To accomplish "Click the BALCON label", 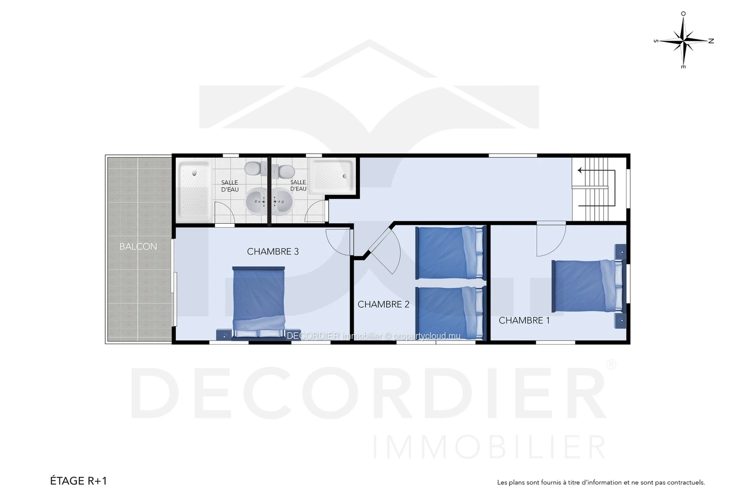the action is pos(138,247).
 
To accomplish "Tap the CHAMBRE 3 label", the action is pos(273,251).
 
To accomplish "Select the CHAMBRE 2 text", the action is pos(383,304).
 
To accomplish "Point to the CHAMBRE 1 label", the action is pos(524,320).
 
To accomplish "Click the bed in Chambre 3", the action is pos(259,302).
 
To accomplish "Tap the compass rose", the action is pos(684,41).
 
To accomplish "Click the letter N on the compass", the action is pos(711,41).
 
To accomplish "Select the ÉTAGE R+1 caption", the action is pos(78,480).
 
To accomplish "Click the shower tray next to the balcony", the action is pos(194,190).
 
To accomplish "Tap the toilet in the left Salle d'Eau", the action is pos(256,168).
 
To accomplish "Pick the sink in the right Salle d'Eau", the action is pos(282,201).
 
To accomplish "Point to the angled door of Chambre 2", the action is pos(384,249).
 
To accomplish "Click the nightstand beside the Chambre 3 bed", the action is pos(223,335).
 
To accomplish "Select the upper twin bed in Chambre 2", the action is pos(450,253).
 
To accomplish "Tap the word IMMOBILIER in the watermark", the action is pos(489,447).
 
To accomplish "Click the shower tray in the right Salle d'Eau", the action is pos(332,176).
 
